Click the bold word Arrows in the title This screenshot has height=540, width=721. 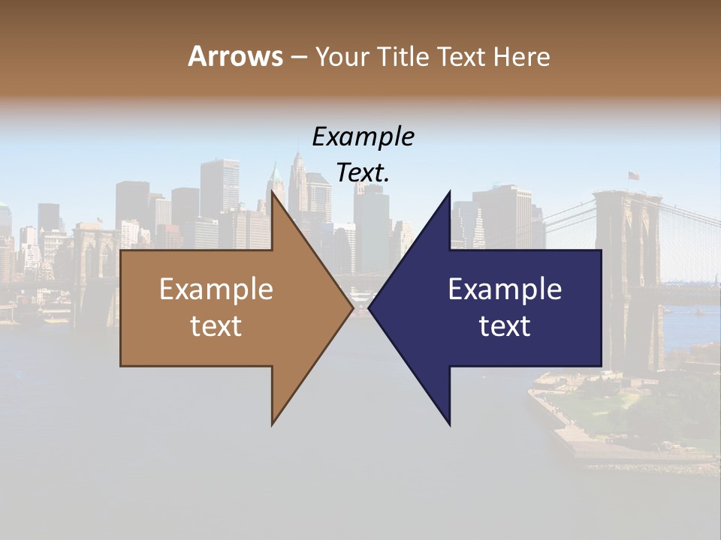235,56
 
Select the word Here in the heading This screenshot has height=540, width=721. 521,56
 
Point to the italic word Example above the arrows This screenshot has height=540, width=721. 364,137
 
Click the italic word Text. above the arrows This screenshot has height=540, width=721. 364,173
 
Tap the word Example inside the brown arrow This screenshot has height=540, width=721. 216,289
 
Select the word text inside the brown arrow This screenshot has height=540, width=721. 216,326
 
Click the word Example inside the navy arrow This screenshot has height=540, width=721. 505,289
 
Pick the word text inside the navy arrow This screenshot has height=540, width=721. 505,326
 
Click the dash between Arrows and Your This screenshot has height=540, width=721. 297,57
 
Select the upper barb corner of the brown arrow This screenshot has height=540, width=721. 273,192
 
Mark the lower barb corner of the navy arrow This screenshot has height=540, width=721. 450,424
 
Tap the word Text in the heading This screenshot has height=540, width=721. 461,56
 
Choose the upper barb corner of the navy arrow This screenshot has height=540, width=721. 450,192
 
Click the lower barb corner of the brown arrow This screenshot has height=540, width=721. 273,424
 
